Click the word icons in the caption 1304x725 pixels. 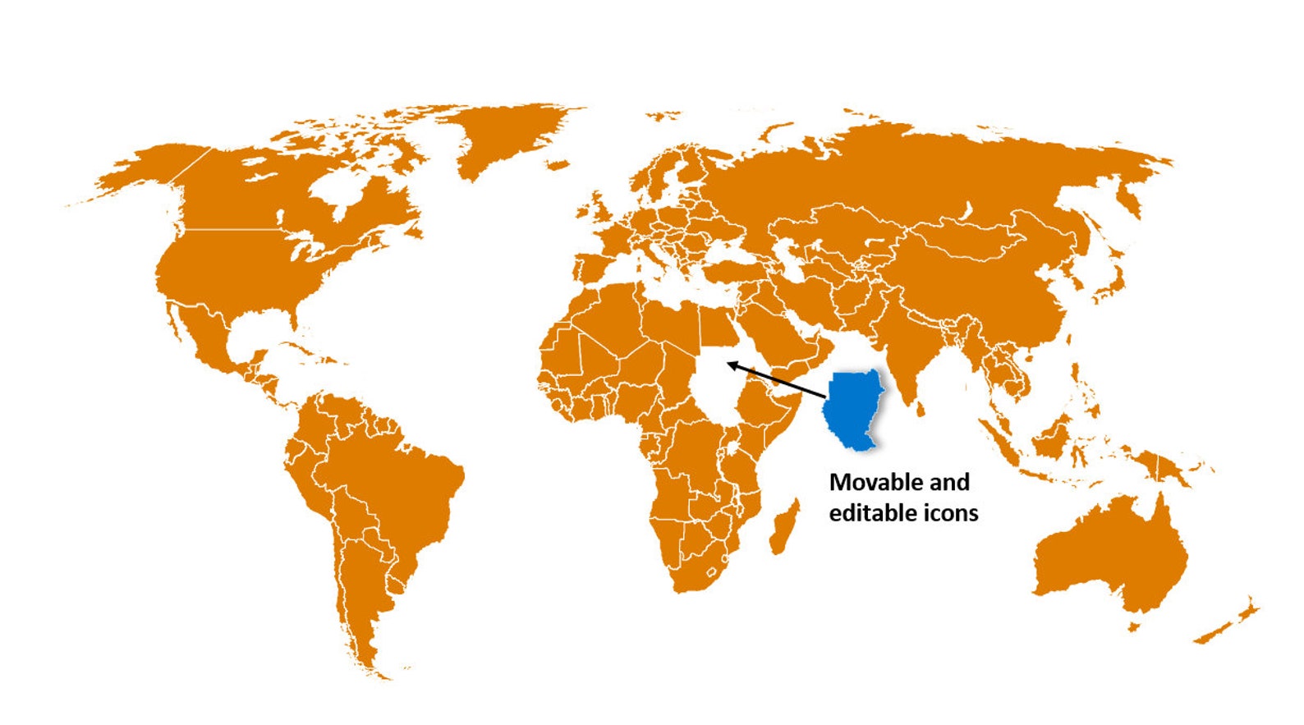pos(951,513)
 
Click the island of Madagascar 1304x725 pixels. pos(783,526)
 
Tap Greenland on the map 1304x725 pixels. pos(509,135)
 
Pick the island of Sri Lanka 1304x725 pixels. pos(921,407)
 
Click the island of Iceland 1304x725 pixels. pos(558,165)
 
